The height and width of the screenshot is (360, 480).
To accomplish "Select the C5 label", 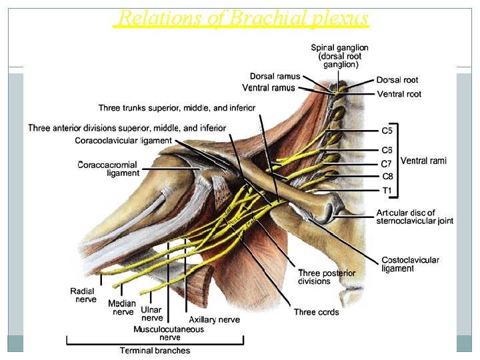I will (387, 131).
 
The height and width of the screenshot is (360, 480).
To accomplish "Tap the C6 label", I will (387, 151).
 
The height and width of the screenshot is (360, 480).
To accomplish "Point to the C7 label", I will (387, 164).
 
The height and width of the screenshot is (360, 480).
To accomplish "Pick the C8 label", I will (387, 177).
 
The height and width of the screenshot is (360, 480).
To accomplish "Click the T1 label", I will (387, 191).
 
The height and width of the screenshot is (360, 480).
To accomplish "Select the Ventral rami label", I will (423, 161).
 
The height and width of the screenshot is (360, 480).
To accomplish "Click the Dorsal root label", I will (397, 81).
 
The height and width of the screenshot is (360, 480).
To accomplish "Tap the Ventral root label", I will (399, 94).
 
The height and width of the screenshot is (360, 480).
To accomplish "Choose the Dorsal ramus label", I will (275, 77).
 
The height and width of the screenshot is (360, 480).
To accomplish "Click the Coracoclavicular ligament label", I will (123, 141).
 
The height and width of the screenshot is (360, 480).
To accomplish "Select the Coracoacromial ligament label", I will (108, 169).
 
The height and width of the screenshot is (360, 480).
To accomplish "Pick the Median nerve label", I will (122, 307).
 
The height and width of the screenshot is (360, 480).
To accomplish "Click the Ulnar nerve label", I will (152, 314).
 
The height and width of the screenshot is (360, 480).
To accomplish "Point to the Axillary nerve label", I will (214, 320).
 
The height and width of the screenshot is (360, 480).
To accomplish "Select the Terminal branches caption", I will (155, 351).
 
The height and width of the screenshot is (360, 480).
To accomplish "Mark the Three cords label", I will (316, 312).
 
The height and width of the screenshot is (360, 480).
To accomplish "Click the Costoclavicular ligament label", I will (410, 264).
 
